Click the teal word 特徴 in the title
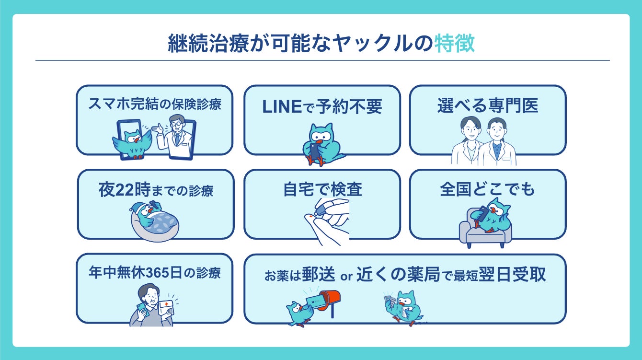click(x=455, y=44)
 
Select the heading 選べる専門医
click(x=487, y=106)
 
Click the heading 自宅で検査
click(x=322, y=190)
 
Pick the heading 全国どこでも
click(x=487, y=190)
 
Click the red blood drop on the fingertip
click(x=312, y=218)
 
